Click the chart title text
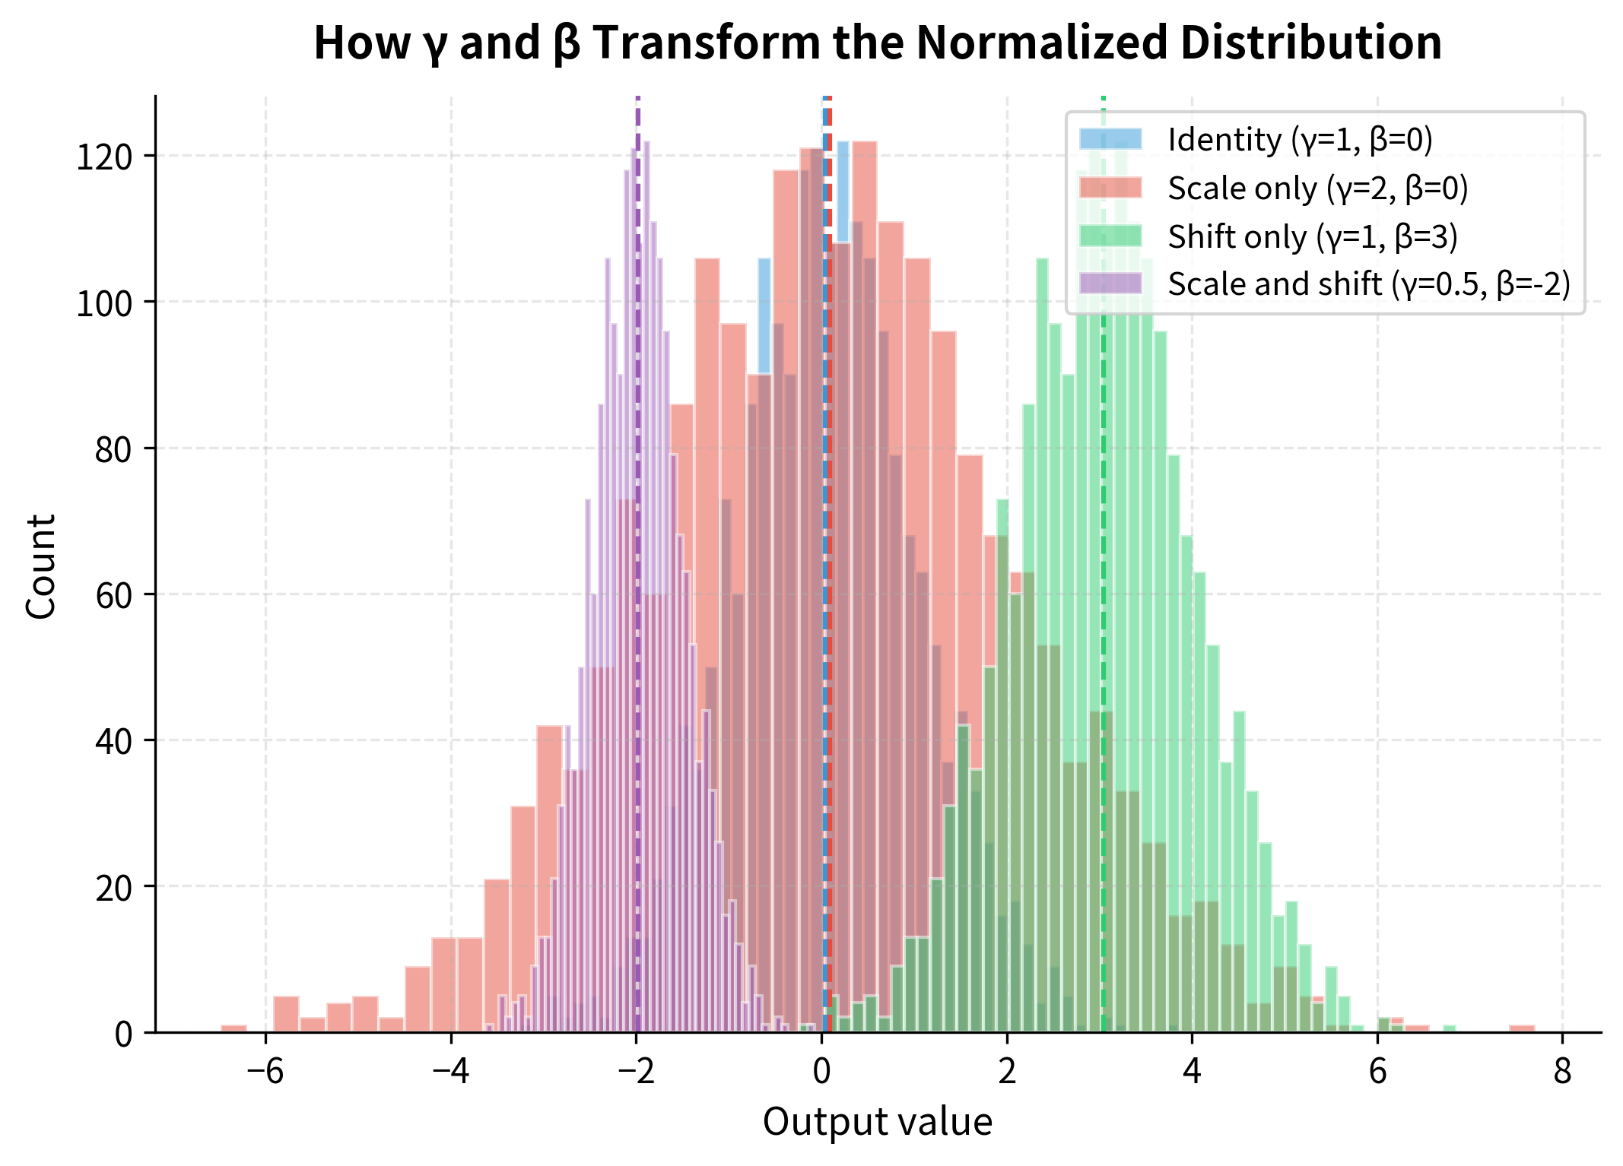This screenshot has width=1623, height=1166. coord(877,43)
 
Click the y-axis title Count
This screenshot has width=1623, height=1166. coord(41,566)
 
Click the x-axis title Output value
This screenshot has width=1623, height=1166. coord(877,1122)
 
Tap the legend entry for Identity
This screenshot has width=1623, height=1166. coord(1299,140)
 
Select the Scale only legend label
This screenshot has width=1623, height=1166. coord(1317,189)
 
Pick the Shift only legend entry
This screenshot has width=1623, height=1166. coord(1312,237)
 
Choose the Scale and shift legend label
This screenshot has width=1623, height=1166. coord(1368,284)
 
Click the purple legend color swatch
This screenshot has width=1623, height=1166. coord(1110,284)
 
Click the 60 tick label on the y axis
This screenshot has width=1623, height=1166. coord(114,595)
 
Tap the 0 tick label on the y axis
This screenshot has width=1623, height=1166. coord(123,1034)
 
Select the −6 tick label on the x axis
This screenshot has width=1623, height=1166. coord(265,1072)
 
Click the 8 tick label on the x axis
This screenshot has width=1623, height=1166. coord(1562,1072)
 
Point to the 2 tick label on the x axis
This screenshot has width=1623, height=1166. coord(1007,1072)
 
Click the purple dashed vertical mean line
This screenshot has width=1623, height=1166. coord(637,532)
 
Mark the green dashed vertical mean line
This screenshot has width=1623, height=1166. coord(1103,532)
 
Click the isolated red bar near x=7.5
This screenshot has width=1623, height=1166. coord(1522,1028)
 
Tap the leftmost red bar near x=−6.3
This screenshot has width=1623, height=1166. coord(233,1028)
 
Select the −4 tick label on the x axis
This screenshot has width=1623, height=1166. coord(450,1072)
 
